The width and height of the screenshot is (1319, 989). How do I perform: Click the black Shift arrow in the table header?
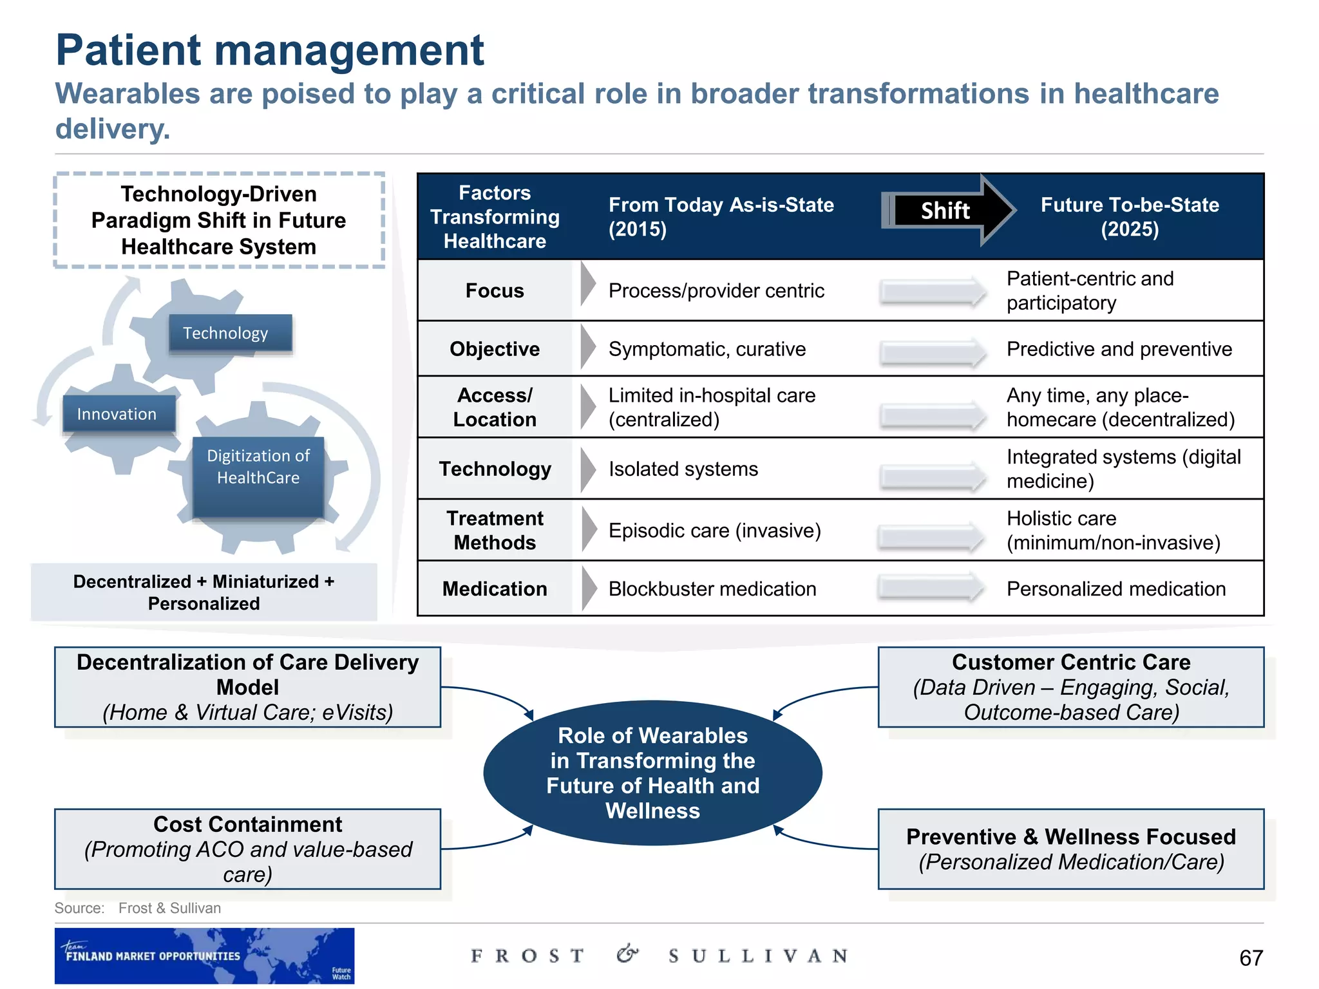tap(945, 211)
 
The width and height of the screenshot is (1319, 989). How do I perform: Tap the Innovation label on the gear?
tap(118, 414)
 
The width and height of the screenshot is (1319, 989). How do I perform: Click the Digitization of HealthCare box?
tap(258, 476)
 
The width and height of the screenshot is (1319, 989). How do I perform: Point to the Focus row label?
tap(495, 290)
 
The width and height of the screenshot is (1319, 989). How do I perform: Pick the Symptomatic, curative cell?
tap(707, 349)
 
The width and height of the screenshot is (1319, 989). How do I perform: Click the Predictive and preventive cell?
tap(1119, 349)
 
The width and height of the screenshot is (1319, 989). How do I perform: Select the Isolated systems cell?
tap(683, 469)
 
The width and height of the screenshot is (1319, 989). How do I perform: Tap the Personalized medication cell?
tap(1115, 589)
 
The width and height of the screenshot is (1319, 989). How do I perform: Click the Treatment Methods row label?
tap(495, 530)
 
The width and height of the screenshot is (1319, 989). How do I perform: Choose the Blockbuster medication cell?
tap(712, 589)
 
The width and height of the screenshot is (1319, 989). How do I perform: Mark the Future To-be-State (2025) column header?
tap(1130, 217)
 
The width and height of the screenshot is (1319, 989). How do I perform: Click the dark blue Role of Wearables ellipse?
tap(652, 773)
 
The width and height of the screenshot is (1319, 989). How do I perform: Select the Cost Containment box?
tap(248, 849)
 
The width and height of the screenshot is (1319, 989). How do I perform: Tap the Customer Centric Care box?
tap(1070, 687)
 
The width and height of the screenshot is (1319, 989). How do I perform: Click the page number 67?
tap(1250, 957)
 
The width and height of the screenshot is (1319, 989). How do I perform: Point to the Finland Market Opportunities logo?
tap(204, 956)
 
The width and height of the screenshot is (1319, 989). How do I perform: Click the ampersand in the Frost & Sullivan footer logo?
tap(627, 954)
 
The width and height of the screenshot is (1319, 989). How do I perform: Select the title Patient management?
tap(270, 50)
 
